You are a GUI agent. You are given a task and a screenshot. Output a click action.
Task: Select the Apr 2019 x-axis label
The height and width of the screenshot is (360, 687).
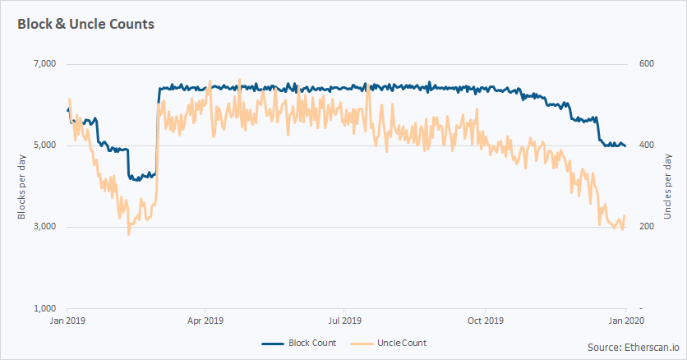205,321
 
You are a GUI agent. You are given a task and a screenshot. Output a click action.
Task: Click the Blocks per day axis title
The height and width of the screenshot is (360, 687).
22,187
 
